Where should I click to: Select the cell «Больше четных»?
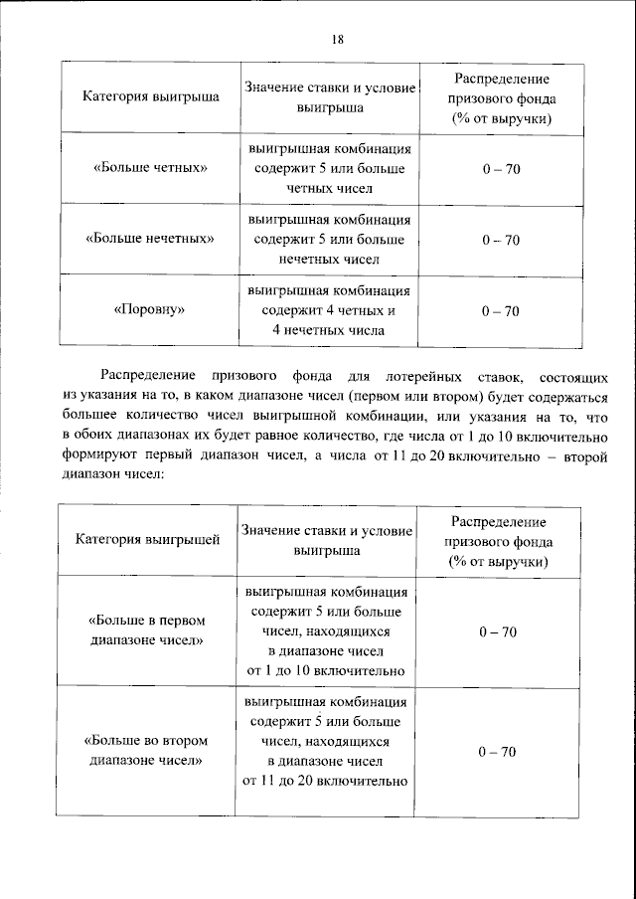150,168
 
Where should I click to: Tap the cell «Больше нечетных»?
150,240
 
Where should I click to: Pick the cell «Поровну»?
150,310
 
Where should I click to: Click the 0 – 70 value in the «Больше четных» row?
501,168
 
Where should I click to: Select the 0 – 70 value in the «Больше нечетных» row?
501,240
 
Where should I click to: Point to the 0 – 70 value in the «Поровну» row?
501,310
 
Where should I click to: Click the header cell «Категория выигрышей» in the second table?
148,540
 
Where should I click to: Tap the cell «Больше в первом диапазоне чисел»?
148,630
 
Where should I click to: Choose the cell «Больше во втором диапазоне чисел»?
148,751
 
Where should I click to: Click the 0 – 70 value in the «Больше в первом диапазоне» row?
498,631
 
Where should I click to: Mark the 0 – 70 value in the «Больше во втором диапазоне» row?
498,751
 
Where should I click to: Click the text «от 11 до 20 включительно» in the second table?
327,781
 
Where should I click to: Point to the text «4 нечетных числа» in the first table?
327,329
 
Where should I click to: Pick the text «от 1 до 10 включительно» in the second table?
327,670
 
